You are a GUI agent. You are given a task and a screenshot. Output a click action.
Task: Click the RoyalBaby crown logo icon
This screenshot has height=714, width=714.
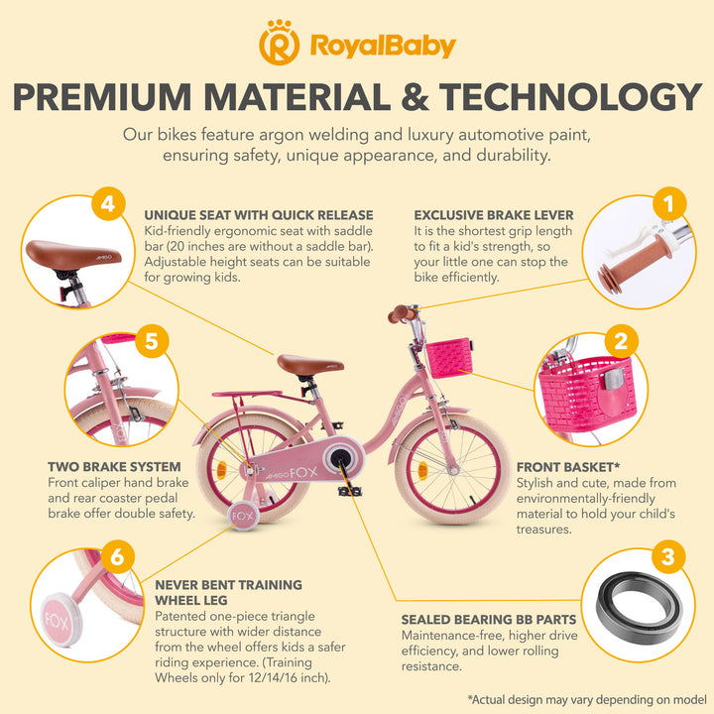[x=279, y=43]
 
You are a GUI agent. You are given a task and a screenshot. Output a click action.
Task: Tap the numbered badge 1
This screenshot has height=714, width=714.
[x=669, y=203]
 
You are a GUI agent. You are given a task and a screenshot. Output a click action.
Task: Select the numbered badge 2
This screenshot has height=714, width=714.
[x=621, y=341]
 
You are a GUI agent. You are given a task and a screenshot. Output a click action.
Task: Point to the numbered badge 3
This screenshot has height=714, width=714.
[x=667, y=556]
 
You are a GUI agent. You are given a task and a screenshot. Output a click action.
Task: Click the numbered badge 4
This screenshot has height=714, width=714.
[x=108, y=203]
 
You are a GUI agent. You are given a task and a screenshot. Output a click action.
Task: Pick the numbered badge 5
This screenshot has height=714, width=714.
[x=152, y=341]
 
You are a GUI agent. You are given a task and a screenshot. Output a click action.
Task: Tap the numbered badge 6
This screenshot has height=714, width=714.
[x=117, y=556]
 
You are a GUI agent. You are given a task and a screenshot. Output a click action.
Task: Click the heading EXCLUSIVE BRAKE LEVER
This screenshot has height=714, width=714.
[x=494, y=215]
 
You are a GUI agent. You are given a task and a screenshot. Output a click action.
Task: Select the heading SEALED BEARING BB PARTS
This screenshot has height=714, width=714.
[x=489, y=619]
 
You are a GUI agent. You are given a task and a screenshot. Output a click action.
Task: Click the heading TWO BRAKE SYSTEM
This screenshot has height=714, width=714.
[x=114, y=467]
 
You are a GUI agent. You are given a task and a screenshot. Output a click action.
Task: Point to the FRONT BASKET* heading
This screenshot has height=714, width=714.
[x=568, y=467]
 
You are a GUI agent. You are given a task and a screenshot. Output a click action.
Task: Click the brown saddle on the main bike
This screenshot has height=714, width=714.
[x=310, y=364]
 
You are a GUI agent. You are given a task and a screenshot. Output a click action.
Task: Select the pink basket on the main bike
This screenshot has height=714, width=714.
[x=448, y=357]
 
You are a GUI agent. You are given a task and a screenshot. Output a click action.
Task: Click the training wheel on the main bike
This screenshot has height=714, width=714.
[x=243, y=516]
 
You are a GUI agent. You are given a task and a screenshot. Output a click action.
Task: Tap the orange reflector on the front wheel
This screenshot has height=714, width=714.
[x=422, y=470]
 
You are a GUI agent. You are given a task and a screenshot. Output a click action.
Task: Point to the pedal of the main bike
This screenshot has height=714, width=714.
[x=350, y=491]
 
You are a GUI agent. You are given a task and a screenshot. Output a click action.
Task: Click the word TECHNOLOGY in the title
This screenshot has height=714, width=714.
[x=570, y=96]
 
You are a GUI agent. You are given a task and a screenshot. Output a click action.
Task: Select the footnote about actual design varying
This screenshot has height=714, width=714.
[x=587, y=699]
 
